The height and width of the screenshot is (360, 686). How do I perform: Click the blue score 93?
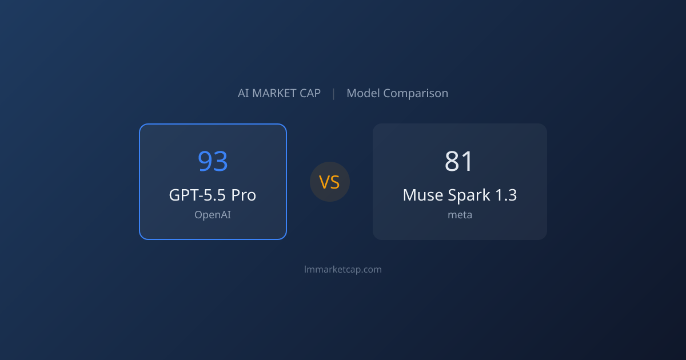[213, 161]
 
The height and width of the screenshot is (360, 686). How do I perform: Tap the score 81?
[458, 161]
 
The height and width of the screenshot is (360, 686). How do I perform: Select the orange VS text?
[329, 182]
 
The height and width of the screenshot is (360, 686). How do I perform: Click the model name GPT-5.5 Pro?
[213, 195]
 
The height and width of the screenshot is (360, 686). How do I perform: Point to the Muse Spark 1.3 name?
[460, 195]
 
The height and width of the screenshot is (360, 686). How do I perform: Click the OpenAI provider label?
[213, 215]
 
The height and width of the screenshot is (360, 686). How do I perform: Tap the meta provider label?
[460, 215]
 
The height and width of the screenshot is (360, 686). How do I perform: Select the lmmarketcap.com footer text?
[343, 269]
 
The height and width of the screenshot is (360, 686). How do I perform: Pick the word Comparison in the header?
[416, 93]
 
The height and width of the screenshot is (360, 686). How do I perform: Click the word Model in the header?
[363, 93]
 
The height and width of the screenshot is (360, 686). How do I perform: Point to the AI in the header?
[244, 93]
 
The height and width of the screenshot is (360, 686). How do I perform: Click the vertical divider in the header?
[333, 94]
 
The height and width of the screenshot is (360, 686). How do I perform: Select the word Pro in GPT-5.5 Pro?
[244, 195]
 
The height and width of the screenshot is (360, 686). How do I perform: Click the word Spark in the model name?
[469, 195]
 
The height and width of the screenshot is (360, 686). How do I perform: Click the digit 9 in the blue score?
[205, 161]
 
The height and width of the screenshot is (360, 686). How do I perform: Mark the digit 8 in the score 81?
[452, 161]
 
